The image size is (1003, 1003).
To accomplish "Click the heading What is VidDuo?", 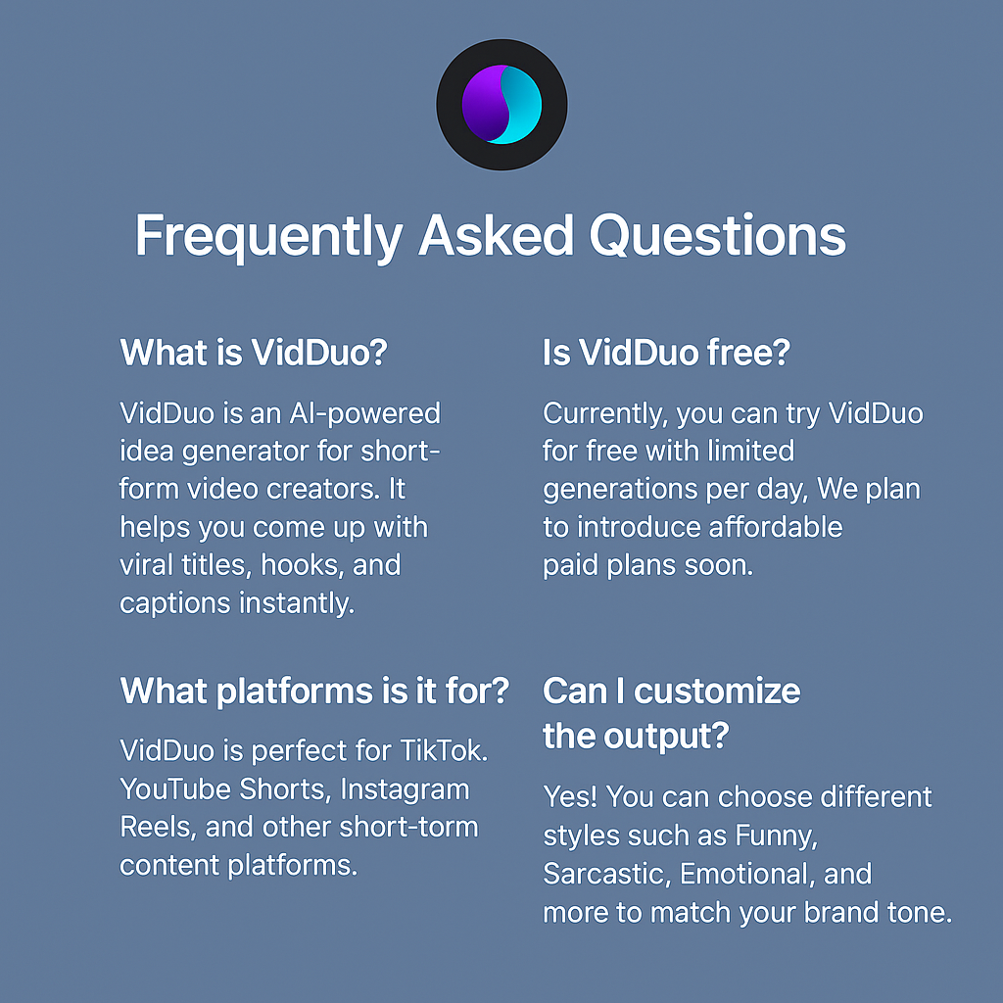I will (254, 353).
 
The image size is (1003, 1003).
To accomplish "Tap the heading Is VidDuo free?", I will (665, 353).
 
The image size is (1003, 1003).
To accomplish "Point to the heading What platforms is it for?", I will (314, 692).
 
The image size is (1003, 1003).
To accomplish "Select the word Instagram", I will (405, 789).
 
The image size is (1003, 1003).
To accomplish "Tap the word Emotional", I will (740, 874).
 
